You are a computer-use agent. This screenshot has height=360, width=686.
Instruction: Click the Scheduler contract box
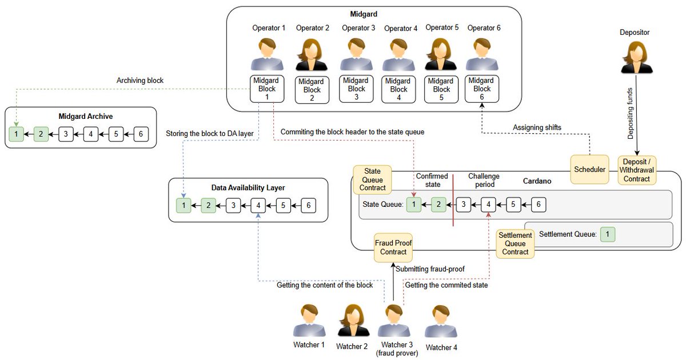point(589,169)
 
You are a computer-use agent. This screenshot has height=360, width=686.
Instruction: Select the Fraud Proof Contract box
point(393,247)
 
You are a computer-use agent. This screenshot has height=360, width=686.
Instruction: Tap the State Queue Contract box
point(372,179)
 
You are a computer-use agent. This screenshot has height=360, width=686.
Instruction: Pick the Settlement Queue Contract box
point(515,243)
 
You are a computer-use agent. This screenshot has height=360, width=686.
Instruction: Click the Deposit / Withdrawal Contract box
point(637,170)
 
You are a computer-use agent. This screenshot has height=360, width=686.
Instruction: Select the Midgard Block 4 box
point(398,89)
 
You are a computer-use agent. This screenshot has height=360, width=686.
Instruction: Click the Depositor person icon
point(637,57)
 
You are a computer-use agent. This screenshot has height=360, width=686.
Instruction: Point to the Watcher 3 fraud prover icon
point(394,321)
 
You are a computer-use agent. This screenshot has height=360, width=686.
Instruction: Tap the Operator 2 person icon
point(312,54)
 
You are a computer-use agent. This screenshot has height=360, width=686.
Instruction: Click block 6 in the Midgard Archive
point(141,134)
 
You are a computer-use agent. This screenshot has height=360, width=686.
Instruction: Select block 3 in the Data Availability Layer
point(233,205)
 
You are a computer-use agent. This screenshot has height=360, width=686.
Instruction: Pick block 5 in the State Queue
point(513,204)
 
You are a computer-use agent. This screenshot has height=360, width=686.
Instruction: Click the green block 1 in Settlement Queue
point(608,234)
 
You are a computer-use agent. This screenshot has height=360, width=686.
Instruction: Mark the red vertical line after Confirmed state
point(453,200)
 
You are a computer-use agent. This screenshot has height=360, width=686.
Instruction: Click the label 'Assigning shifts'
point(537,127)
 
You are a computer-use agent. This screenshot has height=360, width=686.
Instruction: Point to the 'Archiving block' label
point(140,80)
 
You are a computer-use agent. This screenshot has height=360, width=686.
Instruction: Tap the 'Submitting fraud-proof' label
point(430,269)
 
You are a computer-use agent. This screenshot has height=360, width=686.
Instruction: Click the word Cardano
point(537,181)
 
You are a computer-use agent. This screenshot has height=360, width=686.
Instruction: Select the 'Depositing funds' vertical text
point(630,114)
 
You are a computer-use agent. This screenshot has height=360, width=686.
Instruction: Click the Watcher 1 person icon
point(309,321)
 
